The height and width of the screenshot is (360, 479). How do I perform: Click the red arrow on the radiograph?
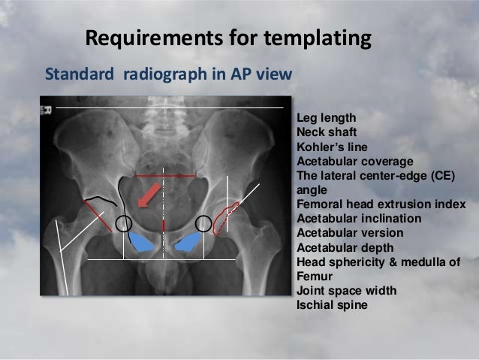tap(150, 195)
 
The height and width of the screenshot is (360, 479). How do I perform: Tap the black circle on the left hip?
tap(125, 223)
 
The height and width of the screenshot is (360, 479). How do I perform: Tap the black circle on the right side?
tap(203, 223)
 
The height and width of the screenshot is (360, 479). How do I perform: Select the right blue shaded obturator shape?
tap(188, 241)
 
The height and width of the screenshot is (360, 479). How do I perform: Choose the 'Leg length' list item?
tap(327, 119)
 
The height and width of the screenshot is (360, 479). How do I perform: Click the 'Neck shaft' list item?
tap(327, 132)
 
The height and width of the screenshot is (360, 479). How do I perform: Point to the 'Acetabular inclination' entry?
tap(359, 219)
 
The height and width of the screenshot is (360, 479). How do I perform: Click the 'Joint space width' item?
tap(345, 292)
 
